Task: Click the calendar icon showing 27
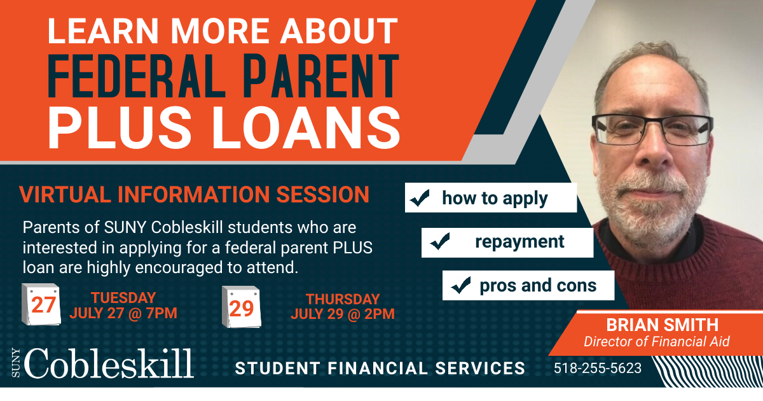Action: click(x=41, y=304)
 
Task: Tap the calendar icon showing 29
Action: click(x=242, y=307)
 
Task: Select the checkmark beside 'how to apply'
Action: click(x=420, y=198)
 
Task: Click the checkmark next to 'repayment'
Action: click(x=440, y=241)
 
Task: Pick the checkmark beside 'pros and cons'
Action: click(x=461, y=285)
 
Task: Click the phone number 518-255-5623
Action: click(x=598, y=369)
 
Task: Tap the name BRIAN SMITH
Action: click(x=662, y=325)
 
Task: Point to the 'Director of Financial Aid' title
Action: click(x=656, y=342)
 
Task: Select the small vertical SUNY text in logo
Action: click(x=16, y=363)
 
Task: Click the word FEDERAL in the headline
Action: click(x=136, y=76)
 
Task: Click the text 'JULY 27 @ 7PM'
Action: click(x=123, y=313)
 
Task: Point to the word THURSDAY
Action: click(x=343, y=299)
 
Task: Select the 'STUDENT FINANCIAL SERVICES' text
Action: click(x=380, y=369)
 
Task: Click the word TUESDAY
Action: click(x=123, y=298)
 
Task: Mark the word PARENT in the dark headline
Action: click(x=321, y=76)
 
